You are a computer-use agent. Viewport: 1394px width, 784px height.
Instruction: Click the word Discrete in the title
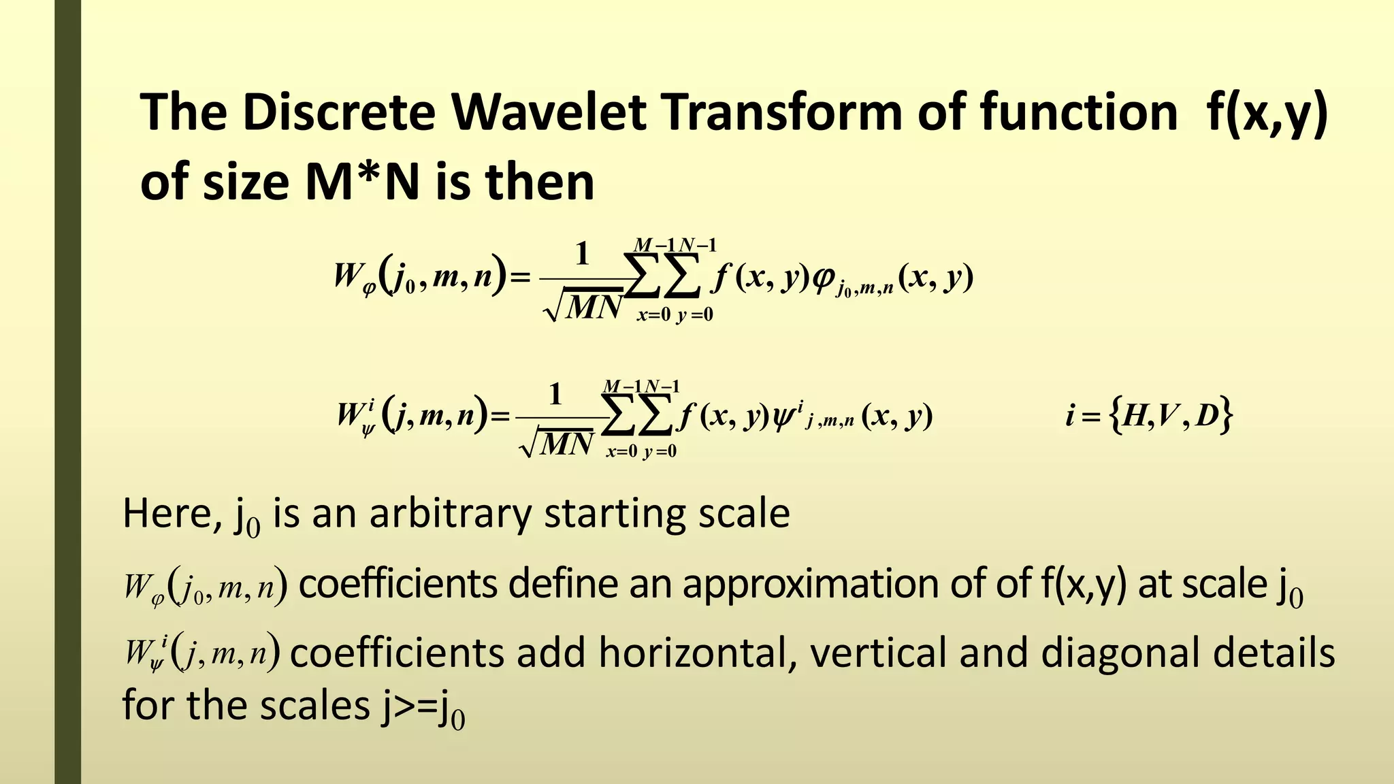(x=338, y=112)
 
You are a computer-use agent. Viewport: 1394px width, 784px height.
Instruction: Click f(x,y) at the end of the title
(x=1267, y=113)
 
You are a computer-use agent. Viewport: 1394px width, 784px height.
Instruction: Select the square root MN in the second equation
(x=557, y=444)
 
